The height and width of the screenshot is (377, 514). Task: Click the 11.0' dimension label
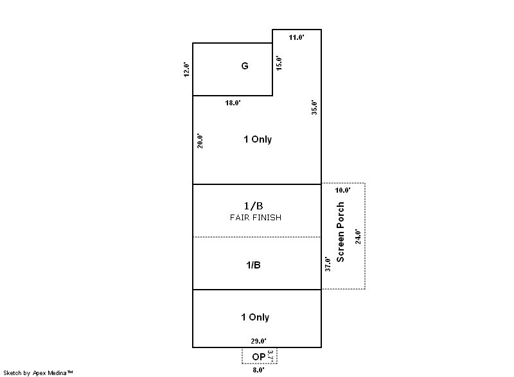coord(296,37)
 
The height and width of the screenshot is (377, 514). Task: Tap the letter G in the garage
coord(245,66)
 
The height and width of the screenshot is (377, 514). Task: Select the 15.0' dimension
coord(279,63)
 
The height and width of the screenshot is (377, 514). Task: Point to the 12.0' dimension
coord(186,69)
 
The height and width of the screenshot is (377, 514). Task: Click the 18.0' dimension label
coord(233,103)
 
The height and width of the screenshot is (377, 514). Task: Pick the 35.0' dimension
coord(314,107)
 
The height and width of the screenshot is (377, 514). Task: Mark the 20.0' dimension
coord(200,141)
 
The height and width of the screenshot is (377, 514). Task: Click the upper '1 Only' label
coord(258,139)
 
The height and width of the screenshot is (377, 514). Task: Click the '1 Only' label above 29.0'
coord(255,317)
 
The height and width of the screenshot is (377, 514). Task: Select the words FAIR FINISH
coord(256,218)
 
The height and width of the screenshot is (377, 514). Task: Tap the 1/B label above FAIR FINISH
coord(253,206)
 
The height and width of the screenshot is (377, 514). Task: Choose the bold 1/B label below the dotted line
coord(253,265)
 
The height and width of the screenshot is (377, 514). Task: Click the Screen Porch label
coord(341,232)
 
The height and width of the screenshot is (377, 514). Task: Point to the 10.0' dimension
coord(342,190)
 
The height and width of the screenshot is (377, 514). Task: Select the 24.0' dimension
coord(358,237)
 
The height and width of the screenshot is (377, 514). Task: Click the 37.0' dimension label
coord(328,264)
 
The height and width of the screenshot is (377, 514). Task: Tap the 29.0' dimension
coord(259,341)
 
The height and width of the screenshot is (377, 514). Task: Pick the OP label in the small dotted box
coord(259,356)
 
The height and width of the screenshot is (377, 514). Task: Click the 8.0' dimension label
coord(259,370)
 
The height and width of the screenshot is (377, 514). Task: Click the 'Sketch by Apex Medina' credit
coord(38,373)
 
